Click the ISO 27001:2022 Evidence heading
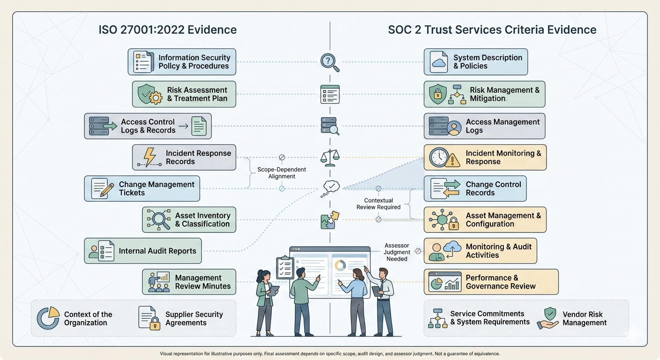(x=167, y=30)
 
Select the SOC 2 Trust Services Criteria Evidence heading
(x=492, y=30)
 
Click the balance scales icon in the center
(x=330, y=157)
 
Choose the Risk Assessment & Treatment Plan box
(x=184, y=94)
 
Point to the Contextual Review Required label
(x=378, y=204)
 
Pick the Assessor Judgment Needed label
(x=397, y=252)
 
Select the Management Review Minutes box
(x=189, y=282)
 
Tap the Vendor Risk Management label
(x=584, y=318)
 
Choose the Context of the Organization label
(x=88, y=318)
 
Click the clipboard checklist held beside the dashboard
(x=285, y=267)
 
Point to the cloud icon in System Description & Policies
(x=439, y=62)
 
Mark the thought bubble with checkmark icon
(x=330, y=187)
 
